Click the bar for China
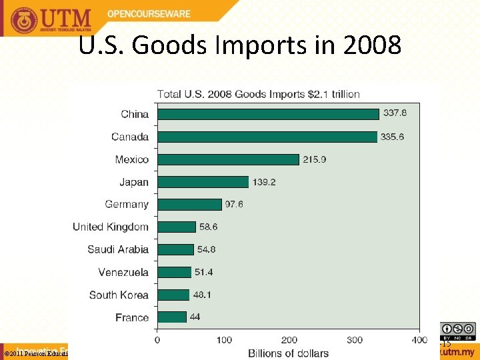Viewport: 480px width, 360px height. [x=268, y=114]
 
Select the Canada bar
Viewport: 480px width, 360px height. [x=267, y=137]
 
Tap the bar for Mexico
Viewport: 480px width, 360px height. [x=228, y=159]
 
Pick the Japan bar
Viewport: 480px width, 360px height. [x=203, y=182]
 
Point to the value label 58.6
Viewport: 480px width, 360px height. [x=208, y=227]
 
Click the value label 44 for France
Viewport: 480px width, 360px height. [x=195, y=317]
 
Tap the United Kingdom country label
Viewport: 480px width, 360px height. [x=111, y=227]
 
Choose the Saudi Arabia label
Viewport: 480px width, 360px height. [x=118, y=249]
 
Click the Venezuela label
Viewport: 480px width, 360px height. [x=123, y=272]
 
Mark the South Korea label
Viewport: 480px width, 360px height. [x=119, y=295]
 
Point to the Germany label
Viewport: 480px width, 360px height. [x=127, y=204]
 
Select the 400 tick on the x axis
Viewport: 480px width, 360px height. [x=419, y=340]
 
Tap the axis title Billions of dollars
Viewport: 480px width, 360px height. [x=288, y=353]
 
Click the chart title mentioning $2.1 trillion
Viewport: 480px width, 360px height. [x=258, y=94]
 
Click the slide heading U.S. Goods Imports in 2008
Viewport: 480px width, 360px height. [x=240, y=45]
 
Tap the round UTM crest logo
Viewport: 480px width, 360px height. [x=25, y=20]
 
